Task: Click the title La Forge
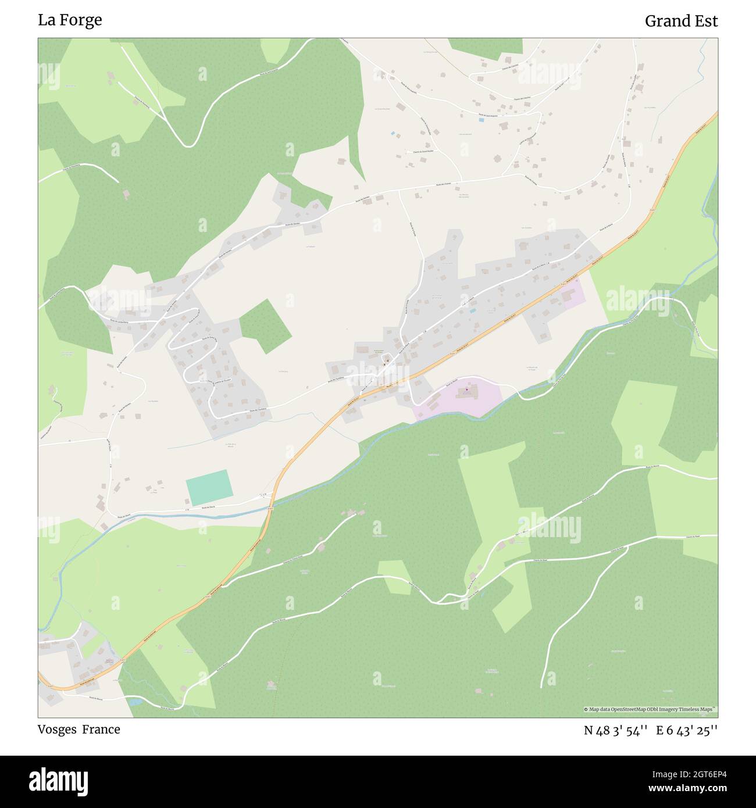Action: coord(70,20)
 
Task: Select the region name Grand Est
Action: coord(681,21)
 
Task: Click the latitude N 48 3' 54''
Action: coord(616,731)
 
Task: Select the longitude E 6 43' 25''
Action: coord(687,731)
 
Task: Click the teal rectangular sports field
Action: coord(209,488)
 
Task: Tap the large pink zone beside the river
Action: coord(459,398)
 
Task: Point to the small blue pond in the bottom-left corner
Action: coord(135,702)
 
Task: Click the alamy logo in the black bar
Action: coord(59,781)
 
